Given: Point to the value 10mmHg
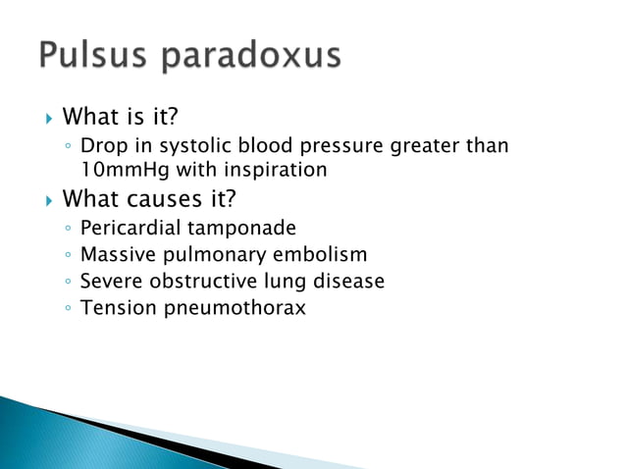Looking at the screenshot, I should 122,170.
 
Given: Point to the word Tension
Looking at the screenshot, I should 116,308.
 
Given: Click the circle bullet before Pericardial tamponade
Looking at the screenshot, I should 65,230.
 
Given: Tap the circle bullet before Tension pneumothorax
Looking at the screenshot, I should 65,309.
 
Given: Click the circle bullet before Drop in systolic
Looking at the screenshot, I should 65,147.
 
